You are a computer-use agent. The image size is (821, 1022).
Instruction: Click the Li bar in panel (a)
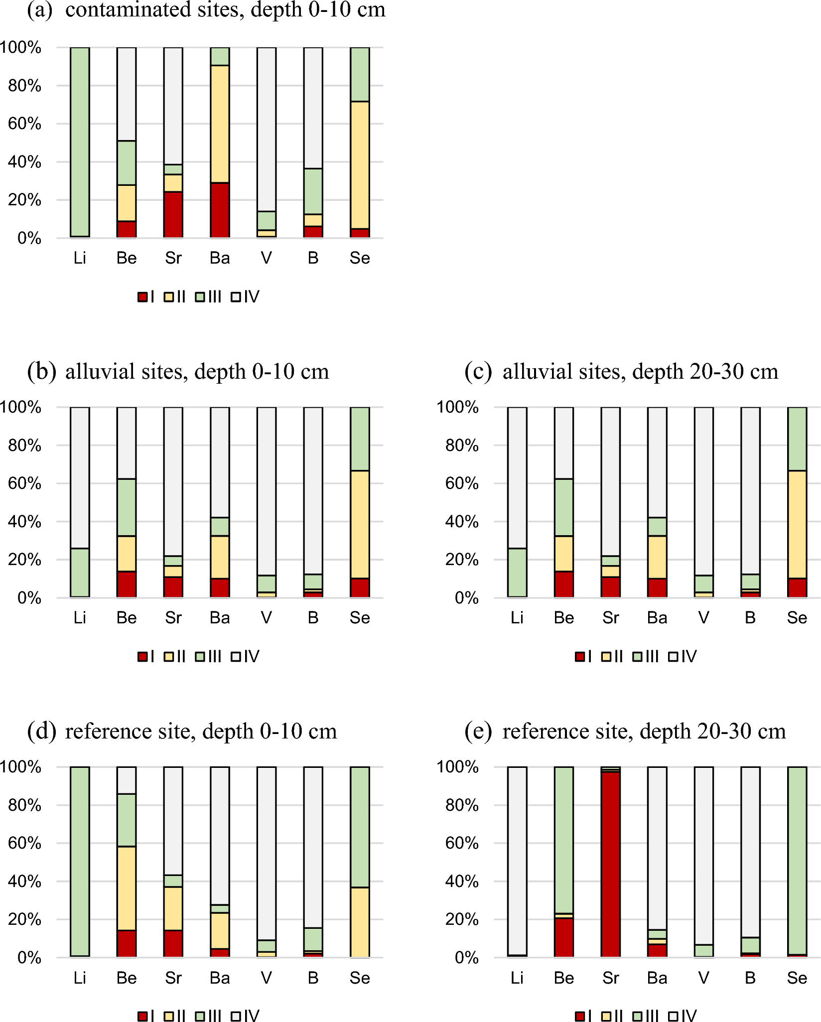click(x=80, y=142)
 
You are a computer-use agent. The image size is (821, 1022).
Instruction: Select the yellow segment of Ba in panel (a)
click(x=220, y=124)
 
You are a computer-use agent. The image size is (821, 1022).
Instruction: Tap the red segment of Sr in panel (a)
click(x=173, y=214)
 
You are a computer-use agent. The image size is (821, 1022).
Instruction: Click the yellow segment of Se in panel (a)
click(x=360, y=165)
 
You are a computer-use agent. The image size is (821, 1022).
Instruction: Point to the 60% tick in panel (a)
click(x=24, y=124)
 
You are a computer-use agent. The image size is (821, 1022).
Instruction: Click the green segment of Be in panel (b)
click(x=127, y=507)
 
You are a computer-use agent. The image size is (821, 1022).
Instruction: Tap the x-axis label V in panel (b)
click(x=267, y=618)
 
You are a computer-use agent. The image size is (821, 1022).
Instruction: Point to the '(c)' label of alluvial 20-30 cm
click(x=478, y=372)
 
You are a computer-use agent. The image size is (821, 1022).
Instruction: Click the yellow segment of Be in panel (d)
click(x=127, y=888)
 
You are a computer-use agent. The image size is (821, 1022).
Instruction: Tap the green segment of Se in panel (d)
click(x=360, y=827)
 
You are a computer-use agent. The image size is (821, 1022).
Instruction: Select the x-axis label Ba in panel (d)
click(x=220, y=978)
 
